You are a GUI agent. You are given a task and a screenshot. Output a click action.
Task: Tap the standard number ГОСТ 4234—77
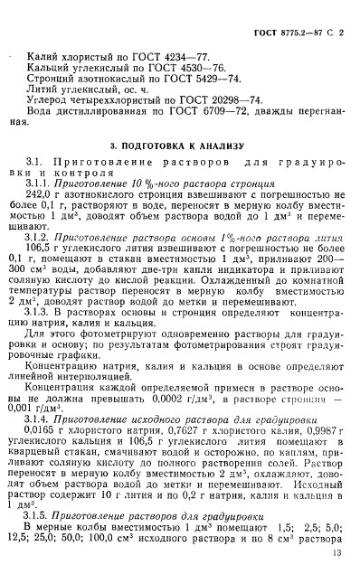point(179,55)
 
